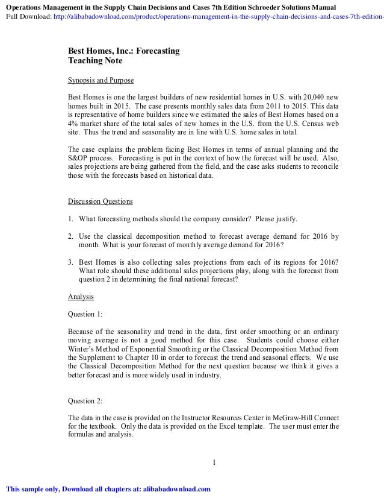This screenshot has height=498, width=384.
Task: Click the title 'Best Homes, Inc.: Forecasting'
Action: point(123,51)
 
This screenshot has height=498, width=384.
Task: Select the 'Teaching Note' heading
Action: point(95,61)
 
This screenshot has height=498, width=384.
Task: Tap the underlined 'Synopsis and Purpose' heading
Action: point(101,80)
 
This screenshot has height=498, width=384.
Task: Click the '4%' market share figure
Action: point(74,122)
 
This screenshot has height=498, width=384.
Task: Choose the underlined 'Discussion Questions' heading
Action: point(101,201)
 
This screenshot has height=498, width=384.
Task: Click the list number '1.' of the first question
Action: point(71,218)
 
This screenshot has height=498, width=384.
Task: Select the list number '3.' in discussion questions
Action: point(71,262)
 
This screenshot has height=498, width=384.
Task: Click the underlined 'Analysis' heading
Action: point(81,297)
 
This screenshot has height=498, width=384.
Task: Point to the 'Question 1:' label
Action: point(85,314)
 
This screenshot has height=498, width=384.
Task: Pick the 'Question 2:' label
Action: point(85,400)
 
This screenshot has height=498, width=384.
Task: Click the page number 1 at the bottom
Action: point(214,462)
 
